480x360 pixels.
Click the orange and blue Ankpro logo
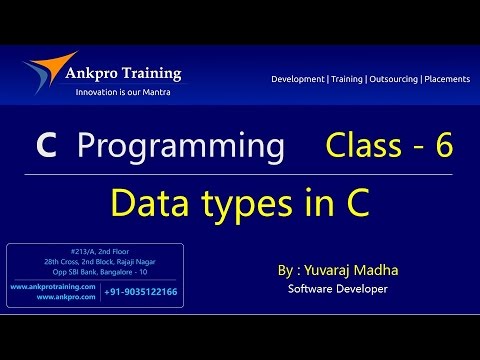coord(47,71)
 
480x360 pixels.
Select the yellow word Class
coord(362,147)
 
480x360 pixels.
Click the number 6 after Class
coord(444,147)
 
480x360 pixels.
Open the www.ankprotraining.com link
coord(52,287)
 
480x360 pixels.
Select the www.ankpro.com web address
coord(66,296)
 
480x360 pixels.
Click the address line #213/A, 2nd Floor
coord(95,251)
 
